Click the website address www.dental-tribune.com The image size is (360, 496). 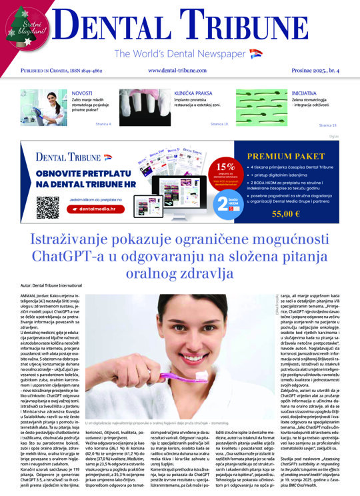(x=180, y=70)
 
